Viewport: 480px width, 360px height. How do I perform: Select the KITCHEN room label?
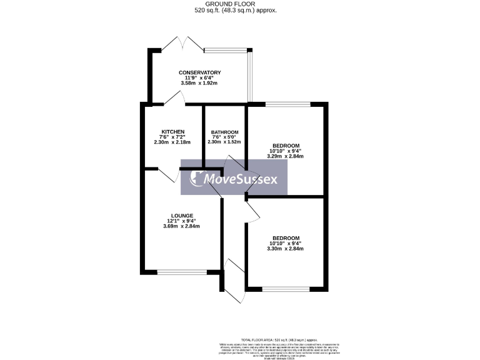coord(171,132)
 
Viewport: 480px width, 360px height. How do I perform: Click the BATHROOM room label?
coord(224,132)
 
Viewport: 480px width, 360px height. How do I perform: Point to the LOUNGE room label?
coord(182,216)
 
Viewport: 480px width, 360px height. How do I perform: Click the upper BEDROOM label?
coord(286,146)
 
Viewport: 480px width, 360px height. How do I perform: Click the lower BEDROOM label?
coord(286,238)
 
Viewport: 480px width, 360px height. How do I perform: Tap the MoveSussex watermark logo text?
coord(241,179)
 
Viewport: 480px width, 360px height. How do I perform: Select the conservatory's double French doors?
coord(181,44)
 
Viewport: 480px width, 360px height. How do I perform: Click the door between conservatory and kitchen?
coord(173,99)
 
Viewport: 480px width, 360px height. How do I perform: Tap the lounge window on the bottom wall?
coord(181,272)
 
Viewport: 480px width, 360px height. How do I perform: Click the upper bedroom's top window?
coord(288,104)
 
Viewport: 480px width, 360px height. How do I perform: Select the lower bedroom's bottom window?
coord(286,288)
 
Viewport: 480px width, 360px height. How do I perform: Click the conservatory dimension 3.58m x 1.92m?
coord(199,83)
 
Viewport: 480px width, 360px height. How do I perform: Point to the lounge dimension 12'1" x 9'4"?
coord(182,221)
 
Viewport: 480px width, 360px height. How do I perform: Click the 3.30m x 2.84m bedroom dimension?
coord(286,249)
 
